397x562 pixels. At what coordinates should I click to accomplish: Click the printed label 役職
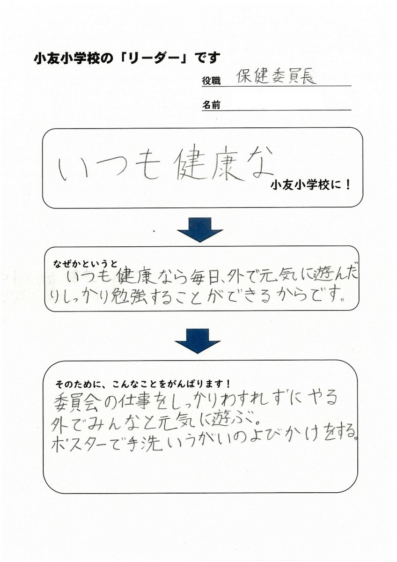(211, 81)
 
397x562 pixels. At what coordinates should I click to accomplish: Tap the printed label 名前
(211, 105)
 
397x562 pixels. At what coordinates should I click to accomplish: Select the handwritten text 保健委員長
(276, 76)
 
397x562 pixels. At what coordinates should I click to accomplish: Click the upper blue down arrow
(200, 230)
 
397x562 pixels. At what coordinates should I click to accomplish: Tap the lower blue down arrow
(198, 341)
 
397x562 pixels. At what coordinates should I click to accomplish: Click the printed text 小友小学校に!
(310, 185)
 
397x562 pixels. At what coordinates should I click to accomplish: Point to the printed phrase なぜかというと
(85, 264)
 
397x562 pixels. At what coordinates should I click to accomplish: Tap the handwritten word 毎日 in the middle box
(203, 277)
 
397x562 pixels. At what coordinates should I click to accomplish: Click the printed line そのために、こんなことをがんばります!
(143, 384)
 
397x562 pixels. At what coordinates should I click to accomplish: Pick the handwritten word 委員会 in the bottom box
(76, 399)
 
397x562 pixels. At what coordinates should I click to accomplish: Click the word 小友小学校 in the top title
(68, 58)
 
